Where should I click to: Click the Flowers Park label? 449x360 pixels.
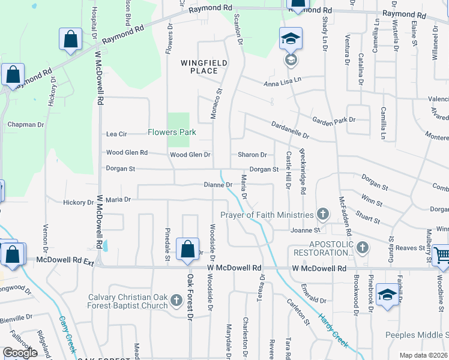172,132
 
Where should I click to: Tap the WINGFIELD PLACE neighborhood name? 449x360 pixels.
199,66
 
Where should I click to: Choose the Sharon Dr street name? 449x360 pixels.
252,155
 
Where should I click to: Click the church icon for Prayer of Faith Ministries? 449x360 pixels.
323,214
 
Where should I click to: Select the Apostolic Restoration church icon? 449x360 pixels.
362,247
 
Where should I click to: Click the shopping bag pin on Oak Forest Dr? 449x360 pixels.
187,248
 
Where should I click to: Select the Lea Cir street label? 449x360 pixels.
116,134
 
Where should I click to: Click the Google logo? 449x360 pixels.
20,353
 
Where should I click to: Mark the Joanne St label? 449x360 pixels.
305,230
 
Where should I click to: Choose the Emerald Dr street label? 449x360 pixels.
315,301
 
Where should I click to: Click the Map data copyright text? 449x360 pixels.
423,355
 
